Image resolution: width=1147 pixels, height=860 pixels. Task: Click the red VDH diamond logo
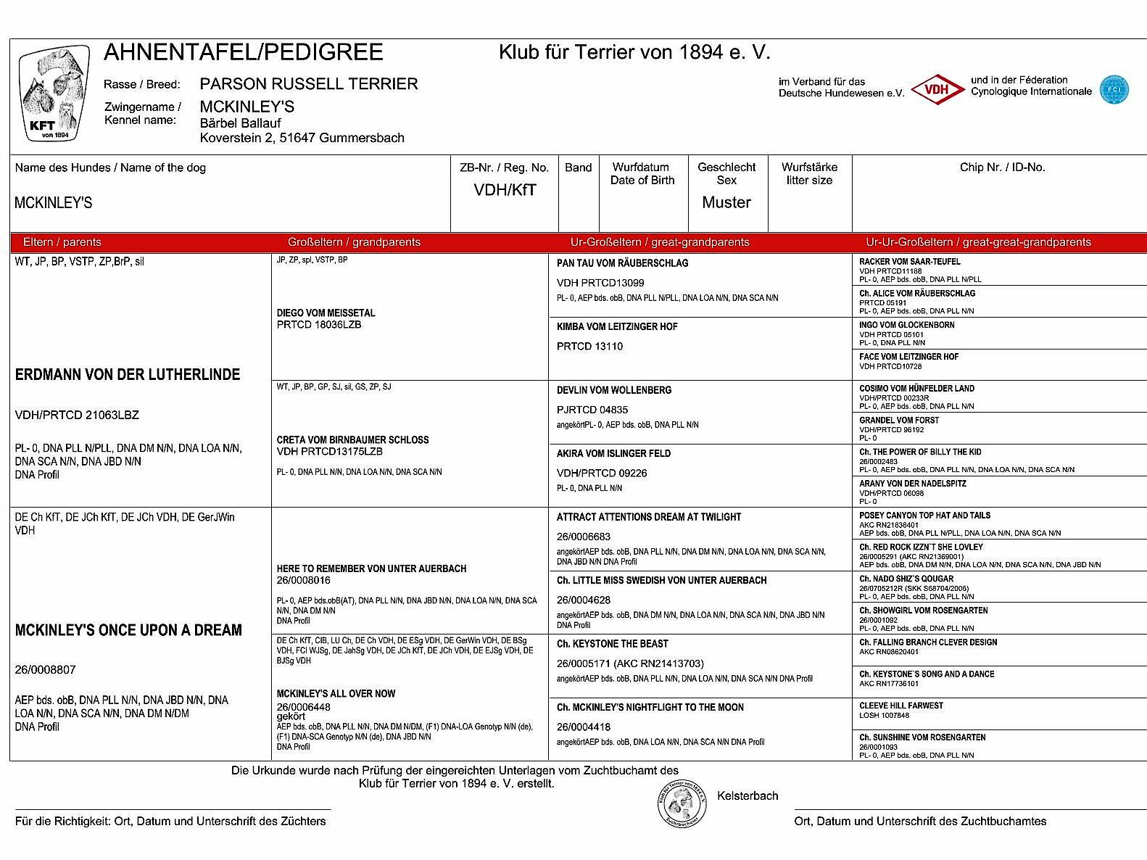click(937, 90)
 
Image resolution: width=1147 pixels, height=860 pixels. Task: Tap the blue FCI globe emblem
click(1114, 90)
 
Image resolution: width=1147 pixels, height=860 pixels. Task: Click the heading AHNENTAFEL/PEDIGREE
click(244, 52)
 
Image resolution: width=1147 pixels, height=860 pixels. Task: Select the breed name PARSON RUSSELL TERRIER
click(309, 84)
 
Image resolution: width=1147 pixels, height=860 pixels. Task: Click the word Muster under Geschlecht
click(726, 202)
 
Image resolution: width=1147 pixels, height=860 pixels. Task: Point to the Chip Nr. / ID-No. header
click(1002, 168)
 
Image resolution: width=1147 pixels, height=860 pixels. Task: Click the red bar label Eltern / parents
click(62, 242)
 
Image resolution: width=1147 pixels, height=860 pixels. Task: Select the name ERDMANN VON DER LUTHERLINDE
click(128, 375)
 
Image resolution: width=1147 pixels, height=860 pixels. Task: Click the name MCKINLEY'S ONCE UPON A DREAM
click(128, 630)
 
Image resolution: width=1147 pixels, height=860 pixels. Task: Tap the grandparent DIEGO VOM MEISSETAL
click(326, 313)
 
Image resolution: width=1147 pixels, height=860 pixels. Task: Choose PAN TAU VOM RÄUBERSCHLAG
click(622, 263)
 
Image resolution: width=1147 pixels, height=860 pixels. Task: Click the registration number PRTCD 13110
click(589, 347)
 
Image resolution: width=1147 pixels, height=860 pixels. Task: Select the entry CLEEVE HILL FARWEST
click(901, 706)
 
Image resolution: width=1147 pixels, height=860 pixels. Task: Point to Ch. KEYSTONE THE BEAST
click(612, 644)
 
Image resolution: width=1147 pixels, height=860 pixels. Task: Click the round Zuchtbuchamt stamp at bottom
click(682, 803)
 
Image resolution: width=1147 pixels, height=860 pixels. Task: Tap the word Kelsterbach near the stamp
click(748, 796)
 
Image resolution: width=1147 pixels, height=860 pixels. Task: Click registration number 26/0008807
click(45, 670)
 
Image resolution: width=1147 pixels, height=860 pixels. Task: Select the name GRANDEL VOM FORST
click(899, 421)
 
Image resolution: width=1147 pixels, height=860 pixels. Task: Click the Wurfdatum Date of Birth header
click(642, 174)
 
